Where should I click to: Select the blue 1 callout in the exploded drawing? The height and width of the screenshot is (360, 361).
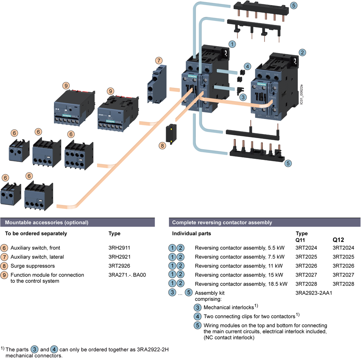coord(233,44)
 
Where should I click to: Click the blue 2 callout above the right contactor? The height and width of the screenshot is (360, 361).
coord(302,52)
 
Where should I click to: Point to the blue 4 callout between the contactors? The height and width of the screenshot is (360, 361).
coord(247,66)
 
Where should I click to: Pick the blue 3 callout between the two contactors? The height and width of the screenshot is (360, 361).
coord(243,97)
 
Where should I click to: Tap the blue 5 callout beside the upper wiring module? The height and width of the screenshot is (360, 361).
coord(294,5)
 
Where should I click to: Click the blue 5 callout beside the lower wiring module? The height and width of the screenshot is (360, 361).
coord(288,163)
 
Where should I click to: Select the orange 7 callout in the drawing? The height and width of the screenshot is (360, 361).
coord(159,60)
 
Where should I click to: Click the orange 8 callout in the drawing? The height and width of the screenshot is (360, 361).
coord(162,146)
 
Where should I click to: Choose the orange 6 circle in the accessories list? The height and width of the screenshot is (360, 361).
coord(4,248)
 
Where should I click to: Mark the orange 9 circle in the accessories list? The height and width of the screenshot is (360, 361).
coord(4,275)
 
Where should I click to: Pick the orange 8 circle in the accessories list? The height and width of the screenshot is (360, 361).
coord(4,266)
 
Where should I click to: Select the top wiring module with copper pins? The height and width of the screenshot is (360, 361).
coord(262,10)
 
